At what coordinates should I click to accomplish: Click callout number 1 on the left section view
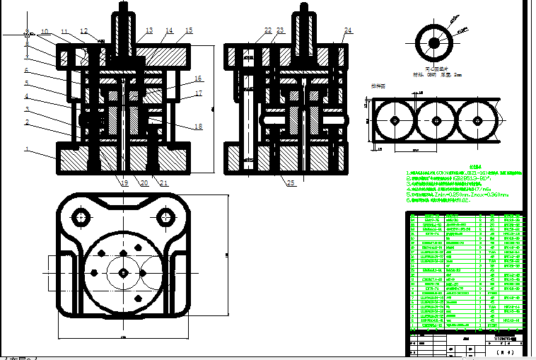(27, 149)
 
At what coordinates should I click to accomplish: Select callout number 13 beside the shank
(148, 30)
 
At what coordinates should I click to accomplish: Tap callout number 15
(189, 30)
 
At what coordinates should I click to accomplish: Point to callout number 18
(198, 126)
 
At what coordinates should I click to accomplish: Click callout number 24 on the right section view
(348, 30)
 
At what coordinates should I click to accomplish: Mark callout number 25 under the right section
(291, 183)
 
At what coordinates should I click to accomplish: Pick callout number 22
(268, 30)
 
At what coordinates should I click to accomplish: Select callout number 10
(45, 32)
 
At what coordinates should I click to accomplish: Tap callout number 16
(198, 79)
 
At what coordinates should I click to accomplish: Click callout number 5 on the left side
(27, 83)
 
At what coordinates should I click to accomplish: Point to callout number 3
(27, 110)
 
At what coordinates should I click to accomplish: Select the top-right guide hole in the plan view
(167, 216)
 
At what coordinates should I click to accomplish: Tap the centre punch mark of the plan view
(124, 272)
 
